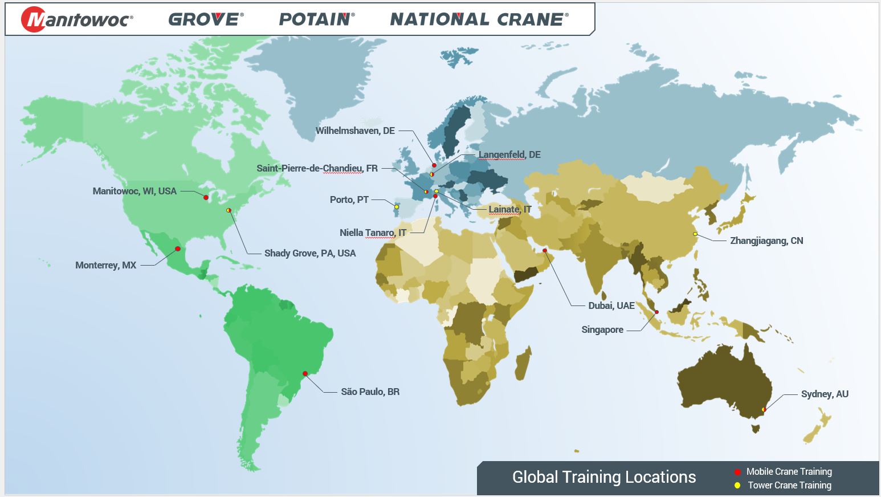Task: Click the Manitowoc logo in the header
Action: (x=77, y=19)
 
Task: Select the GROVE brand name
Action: (x=206, y=19)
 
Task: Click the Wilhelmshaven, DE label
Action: (x=355, y=131)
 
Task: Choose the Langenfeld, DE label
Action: (x=509, y=155)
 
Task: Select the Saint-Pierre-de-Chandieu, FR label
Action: (x=317, y=169)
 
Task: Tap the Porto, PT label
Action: (x=349, y=200)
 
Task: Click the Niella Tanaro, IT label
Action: (x=373, y=233)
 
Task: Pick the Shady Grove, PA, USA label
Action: (x=310, y=254)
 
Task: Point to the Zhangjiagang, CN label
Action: (x=766, y=241)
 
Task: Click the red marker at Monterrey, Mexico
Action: (x=178, y=249)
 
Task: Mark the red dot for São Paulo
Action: (x=305, y=374)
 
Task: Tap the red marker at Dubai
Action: (x=545, y=251)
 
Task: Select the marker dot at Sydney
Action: (x=764, y=409)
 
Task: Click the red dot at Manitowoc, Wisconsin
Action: (x=206, y=197)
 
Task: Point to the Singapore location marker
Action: (x=656, y=312)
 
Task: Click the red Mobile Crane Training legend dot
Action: (x=737, y=472)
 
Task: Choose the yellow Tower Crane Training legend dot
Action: (x=737, y=486)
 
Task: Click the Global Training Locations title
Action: (x=604, y=477)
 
